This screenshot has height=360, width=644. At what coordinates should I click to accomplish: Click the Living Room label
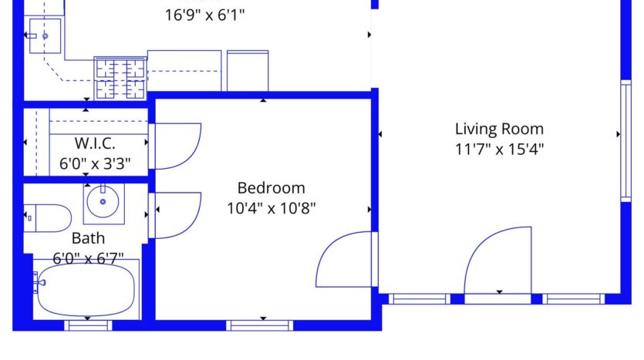499,129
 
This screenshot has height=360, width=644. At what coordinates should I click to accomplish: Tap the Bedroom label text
271,187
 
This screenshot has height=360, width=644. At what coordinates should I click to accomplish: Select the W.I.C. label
95,143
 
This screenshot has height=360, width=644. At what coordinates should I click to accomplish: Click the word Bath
88,238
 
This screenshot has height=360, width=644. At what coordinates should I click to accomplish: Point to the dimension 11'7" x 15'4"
499,149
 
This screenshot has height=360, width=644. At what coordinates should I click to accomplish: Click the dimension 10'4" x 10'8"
271,207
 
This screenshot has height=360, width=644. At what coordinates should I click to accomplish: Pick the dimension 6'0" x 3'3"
95,163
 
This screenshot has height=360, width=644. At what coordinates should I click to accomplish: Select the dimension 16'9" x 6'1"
206,15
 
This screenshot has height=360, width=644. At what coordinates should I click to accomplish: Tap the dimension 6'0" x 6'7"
88,257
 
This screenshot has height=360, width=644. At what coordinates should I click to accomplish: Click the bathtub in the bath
85,290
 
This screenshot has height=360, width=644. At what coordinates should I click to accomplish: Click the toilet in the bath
46,218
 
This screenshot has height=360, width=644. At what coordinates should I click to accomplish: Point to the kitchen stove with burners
120,77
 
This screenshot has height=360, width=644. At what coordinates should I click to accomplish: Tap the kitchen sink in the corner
45,35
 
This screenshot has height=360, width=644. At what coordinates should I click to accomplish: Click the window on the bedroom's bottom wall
261,325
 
